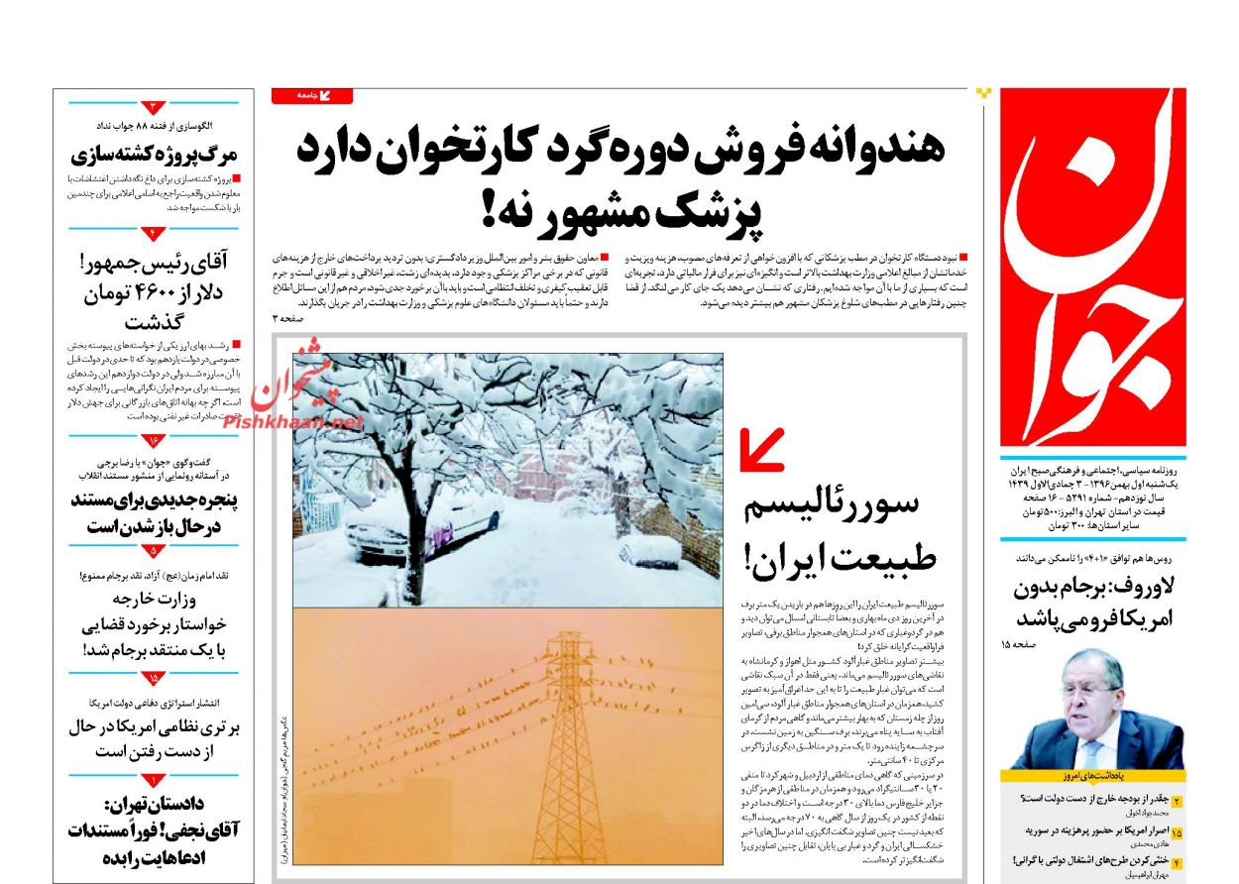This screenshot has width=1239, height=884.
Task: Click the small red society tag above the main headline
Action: tap(311, 96)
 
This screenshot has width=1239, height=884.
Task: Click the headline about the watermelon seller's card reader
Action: tap(619, 148)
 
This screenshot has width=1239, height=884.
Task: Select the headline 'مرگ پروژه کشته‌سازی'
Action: tap(156, 155)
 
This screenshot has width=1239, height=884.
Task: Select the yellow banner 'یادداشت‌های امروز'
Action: tap(1092, 776)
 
